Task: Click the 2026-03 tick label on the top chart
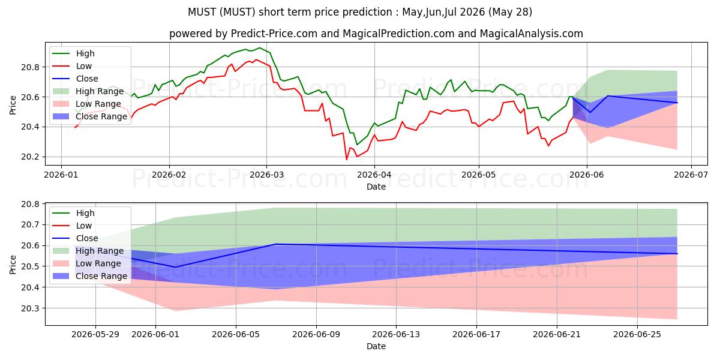pos(266,175)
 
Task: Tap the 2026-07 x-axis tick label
pos(691,175)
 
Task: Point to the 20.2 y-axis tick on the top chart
pos(30,157)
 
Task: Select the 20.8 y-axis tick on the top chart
pos(30,67)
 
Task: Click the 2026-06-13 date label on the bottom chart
pos(396,335)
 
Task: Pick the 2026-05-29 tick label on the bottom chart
pos(95,335)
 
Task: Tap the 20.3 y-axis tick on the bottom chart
pos(30,308)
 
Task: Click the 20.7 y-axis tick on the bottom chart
pos(30,224)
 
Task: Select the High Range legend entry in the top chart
pos(88,91)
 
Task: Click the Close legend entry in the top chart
pos(75,79)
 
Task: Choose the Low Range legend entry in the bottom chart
pos(86,263)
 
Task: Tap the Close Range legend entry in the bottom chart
pos(89,276)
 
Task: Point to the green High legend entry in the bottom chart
pos(73,213)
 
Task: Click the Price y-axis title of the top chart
pos(13,105)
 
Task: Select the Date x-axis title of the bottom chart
pos(376,347)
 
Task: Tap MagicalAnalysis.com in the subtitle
pos(532,34)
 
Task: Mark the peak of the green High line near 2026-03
pos(259,48)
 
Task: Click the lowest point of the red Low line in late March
pos(347,160)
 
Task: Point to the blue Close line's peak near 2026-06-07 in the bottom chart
pos(276,244)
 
